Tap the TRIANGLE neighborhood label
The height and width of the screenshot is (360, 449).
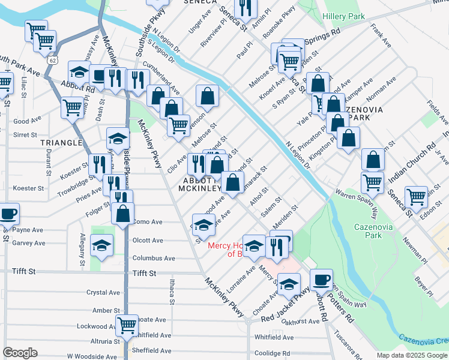coord(61,143)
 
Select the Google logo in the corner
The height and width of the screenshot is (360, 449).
coord(20,353)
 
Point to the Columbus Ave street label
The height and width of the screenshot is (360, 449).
coord(154,258)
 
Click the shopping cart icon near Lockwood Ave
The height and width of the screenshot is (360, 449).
coord(127,325)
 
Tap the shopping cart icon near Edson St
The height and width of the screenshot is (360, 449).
coord(416,196)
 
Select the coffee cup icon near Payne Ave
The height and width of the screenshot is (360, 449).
coord(8,213)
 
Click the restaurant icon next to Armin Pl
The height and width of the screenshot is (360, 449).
coord(246,7)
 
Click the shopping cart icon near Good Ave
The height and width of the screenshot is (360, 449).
coord(72,108)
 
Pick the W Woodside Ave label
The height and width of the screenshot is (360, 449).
coord(92,356)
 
